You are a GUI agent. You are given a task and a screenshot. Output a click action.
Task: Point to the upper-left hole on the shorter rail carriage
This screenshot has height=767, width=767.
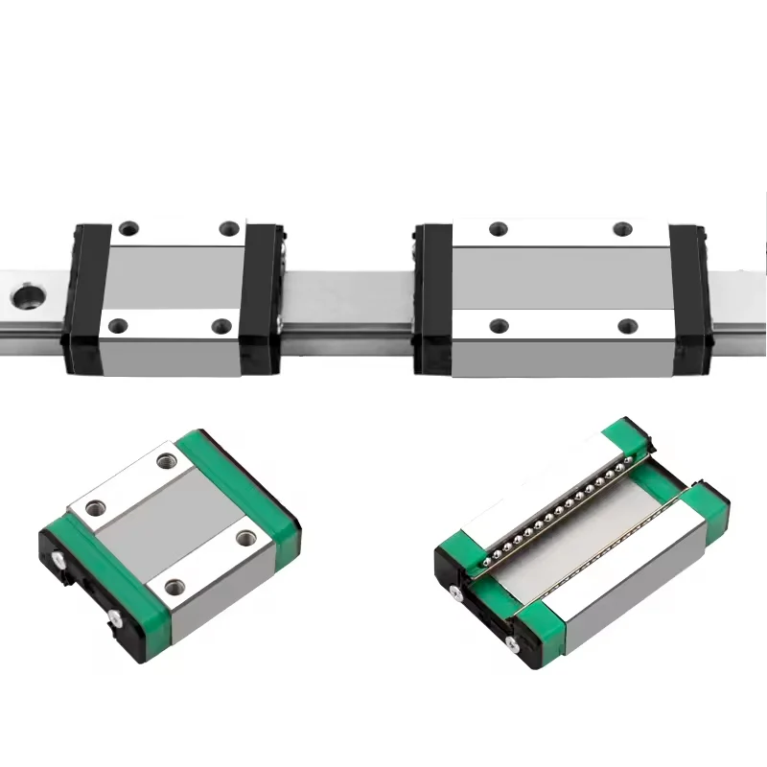tap(128, 229)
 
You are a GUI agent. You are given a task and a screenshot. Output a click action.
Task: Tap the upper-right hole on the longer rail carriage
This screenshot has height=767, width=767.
tap(624, 228)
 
